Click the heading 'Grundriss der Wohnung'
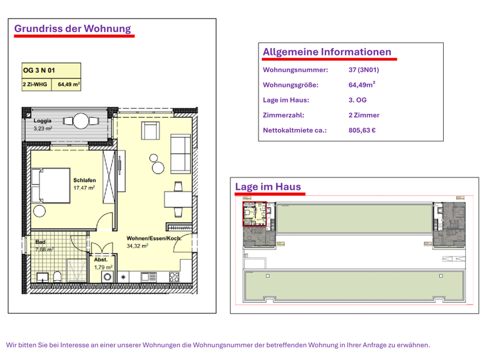[x=73, y=28]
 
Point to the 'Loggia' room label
[x=42, y=121]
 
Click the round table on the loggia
[x=82, y=120]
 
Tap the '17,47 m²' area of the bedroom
[x=84, y=188]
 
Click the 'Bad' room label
[x=40, y=242]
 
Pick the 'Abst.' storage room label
[x=101, y=259]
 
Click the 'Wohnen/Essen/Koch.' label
[x=154, y=239]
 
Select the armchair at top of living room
[x=150, y=131]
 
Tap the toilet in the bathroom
[x=57, y=276]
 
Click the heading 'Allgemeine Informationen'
[x=327, y=51]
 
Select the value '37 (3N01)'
[x=363, y=69]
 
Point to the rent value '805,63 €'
[x=362, y=130]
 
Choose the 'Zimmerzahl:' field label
[x=284, y=115]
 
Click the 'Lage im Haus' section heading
[x=268, y=186]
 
